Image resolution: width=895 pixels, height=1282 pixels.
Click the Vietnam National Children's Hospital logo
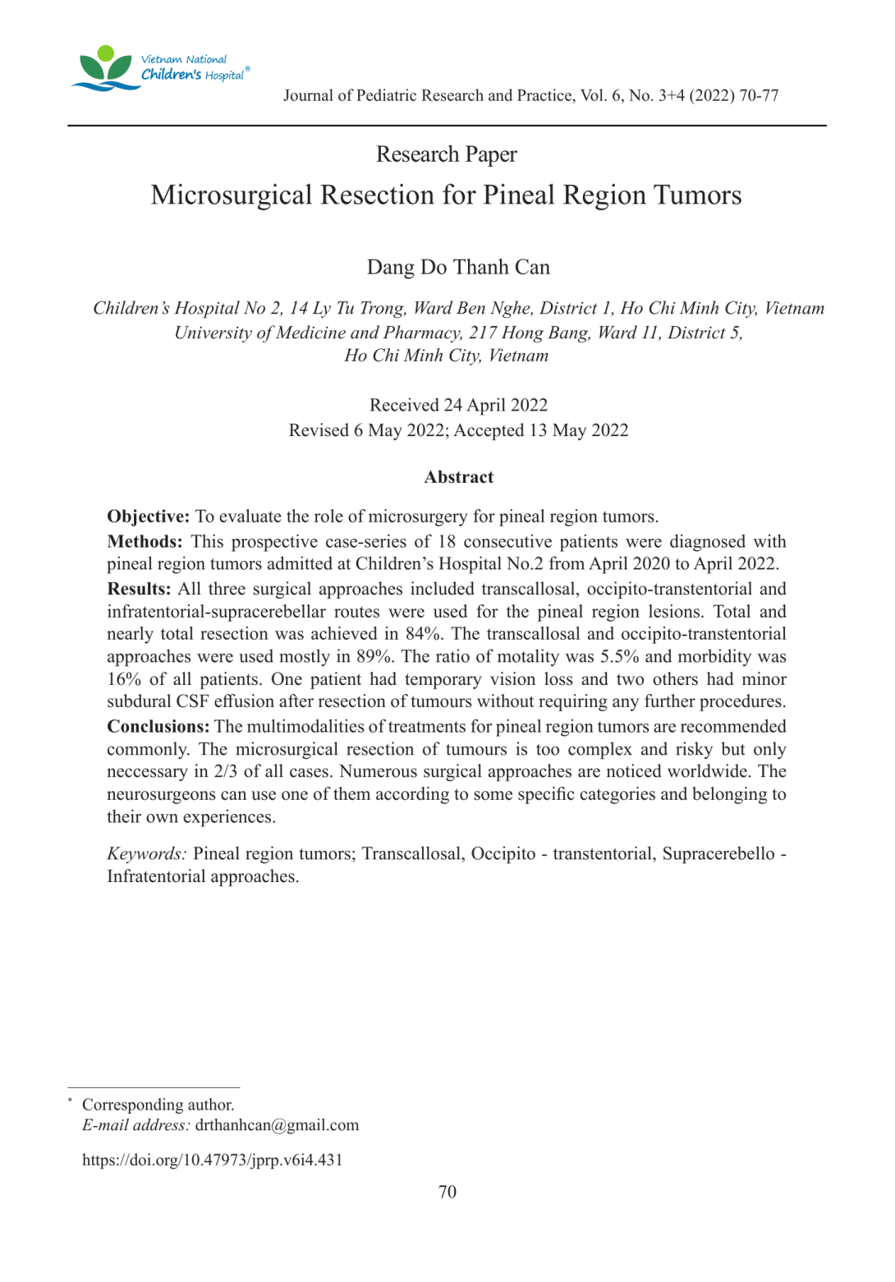(x=160, y=68)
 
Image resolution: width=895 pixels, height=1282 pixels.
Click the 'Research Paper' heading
(x=446, y=154)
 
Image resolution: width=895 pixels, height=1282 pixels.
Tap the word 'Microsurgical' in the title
(x=232, y=195)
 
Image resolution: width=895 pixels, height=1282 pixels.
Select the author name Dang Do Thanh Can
(x=458, y=268)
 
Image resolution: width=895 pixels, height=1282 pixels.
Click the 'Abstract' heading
(x=458, y=477)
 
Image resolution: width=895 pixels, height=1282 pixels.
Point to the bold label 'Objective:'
(x=148, y=517)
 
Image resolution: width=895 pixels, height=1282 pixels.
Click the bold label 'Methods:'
(x=145, y=542)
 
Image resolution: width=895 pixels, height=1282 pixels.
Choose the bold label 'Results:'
(x=139, y=590)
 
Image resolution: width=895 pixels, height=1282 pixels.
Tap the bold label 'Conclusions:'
(x=158, y=727)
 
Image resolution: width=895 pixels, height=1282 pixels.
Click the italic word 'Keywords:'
(x=146, y=854)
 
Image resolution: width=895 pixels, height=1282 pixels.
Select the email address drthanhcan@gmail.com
(x=277, y=1125)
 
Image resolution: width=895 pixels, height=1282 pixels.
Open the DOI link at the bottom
(x=212, y=1160)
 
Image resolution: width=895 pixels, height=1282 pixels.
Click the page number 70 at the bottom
(x=447, y=1192)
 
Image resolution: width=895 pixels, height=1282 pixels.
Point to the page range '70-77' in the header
(x=759, y=96)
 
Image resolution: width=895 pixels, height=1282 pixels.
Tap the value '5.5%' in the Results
(x=622, y=657)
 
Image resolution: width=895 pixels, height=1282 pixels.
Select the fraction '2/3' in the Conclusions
(x=224, y=772)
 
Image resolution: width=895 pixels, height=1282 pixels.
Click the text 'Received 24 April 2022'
(x=458, y=405)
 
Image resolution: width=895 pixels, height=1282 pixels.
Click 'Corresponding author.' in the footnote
(x=158, y=1105)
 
